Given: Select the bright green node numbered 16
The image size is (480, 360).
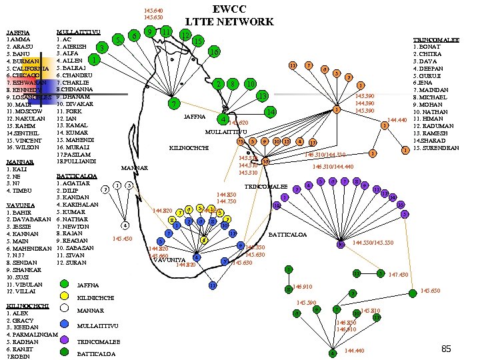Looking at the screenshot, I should click(213, 51).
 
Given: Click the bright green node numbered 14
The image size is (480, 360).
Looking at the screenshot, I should click(270, 112).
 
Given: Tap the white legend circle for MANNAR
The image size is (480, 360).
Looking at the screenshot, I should click(64, 310).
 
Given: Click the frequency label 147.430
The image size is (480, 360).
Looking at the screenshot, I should click(398, 275).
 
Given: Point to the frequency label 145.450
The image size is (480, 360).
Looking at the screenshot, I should click(123, 238).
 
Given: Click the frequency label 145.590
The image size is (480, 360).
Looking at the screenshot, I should click(307, 303).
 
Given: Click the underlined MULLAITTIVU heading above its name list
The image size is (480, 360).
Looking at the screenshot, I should click(79, 32).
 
